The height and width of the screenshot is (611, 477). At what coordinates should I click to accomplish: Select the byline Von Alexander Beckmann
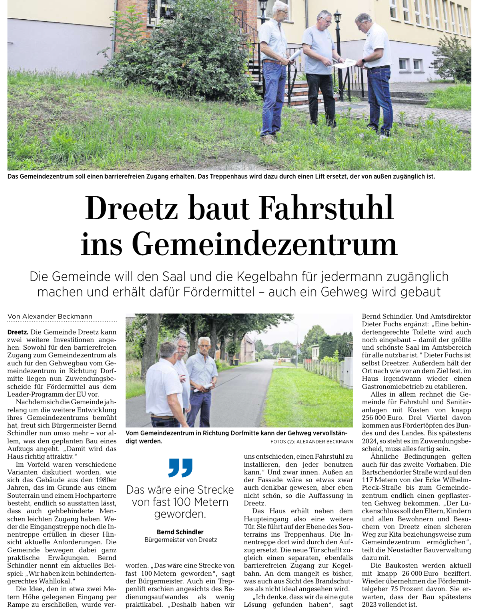[50, 316]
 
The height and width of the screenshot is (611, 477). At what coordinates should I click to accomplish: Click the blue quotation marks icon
[180, 467]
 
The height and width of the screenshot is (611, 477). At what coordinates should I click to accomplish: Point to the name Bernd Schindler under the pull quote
[180, 532]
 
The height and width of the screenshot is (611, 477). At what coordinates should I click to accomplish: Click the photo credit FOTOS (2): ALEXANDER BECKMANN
[311, 442]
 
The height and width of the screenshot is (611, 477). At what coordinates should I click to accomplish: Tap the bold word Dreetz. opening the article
[18, 332]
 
